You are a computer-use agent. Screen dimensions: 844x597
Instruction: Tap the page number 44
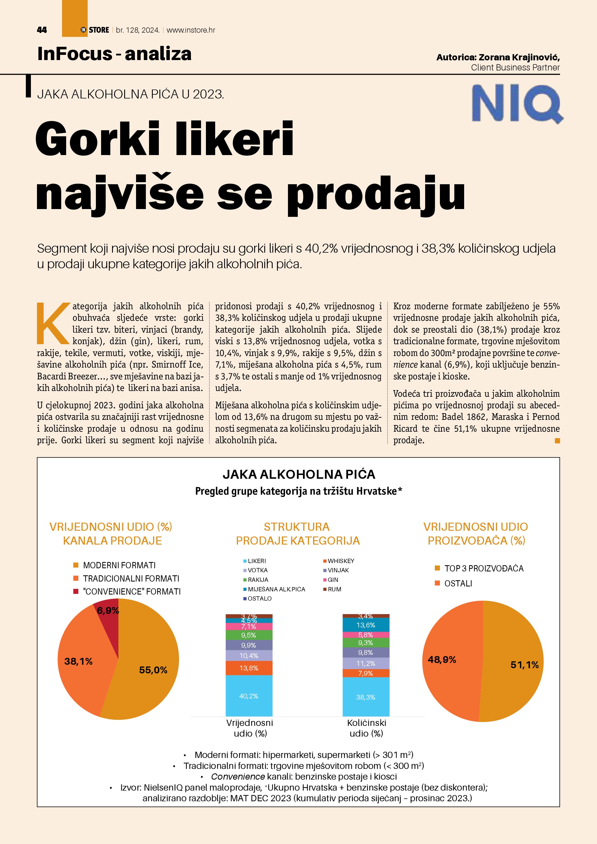pyautogui.click(x=42, y=30)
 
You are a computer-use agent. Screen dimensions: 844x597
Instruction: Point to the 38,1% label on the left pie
pyautogui.click(x=78, y=661)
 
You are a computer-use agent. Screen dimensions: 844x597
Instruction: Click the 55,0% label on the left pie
pyautogui.click(x=153, y=670)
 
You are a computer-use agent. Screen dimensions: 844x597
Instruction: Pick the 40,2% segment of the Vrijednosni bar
pyautogui.click(x=249, y=696)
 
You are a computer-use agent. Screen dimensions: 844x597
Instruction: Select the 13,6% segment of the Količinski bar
pyautogui.click(x=366, y=625)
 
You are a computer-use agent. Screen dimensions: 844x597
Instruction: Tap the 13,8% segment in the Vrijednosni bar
pyautogui.click(x=249, y=668)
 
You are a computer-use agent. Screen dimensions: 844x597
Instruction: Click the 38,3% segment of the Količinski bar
pyautogui.click(x=366, y=697)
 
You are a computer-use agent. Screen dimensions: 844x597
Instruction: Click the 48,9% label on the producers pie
pyautogui.click(x=442, y=659)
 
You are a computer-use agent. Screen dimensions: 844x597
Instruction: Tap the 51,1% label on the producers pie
pyautogui.click(x=525, y=665)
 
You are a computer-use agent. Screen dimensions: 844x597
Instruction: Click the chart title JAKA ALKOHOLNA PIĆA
pyautogui.click(x=299, y=474)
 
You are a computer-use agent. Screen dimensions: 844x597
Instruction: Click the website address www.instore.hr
pyautogui.click(x=191, y=30)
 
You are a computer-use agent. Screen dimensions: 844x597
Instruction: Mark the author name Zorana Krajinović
pyautogui.click(x=519, y=57)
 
